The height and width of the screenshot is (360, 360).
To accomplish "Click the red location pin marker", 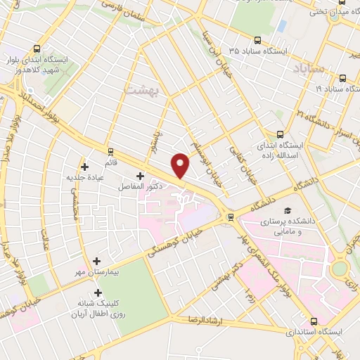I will (181, 165).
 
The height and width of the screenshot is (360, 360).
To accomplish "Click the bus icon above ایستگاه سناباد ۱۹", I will (342, 79).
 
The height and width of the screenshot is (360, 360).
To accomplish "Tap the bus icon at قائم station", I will (110, 151).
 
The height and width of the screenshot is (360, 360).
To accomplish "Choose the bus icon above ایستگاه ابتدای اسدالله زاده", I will (280, 134).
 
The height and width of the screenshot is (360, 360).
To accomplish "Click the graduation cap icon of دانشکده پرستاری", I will (287, 210).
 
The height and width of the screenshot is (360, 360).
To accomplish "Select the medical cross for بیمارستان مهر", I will (97, 259).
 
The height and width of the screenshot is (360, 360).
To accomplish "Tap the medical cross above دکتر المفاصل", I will (139, 176).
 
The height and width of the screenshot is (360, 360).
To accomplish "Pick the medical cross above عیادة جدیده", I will (85, 167).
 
